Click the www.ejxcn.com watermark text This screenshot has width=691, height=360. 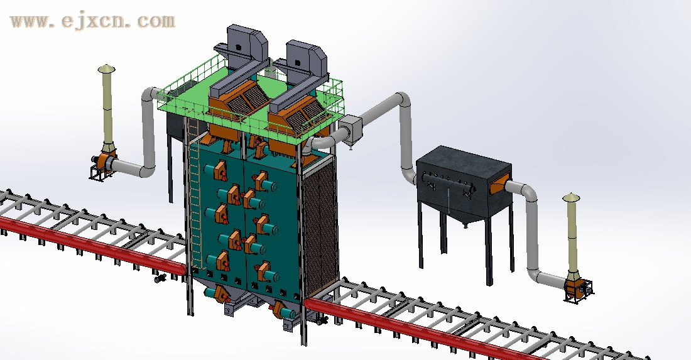coord(92,21)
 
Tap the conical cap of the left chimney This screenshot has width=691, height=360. coord(106,68)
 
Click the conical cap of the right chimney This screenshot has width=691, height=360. coord(571,197)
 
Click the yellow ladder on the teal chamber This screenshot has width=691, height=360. coord(194,194)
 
